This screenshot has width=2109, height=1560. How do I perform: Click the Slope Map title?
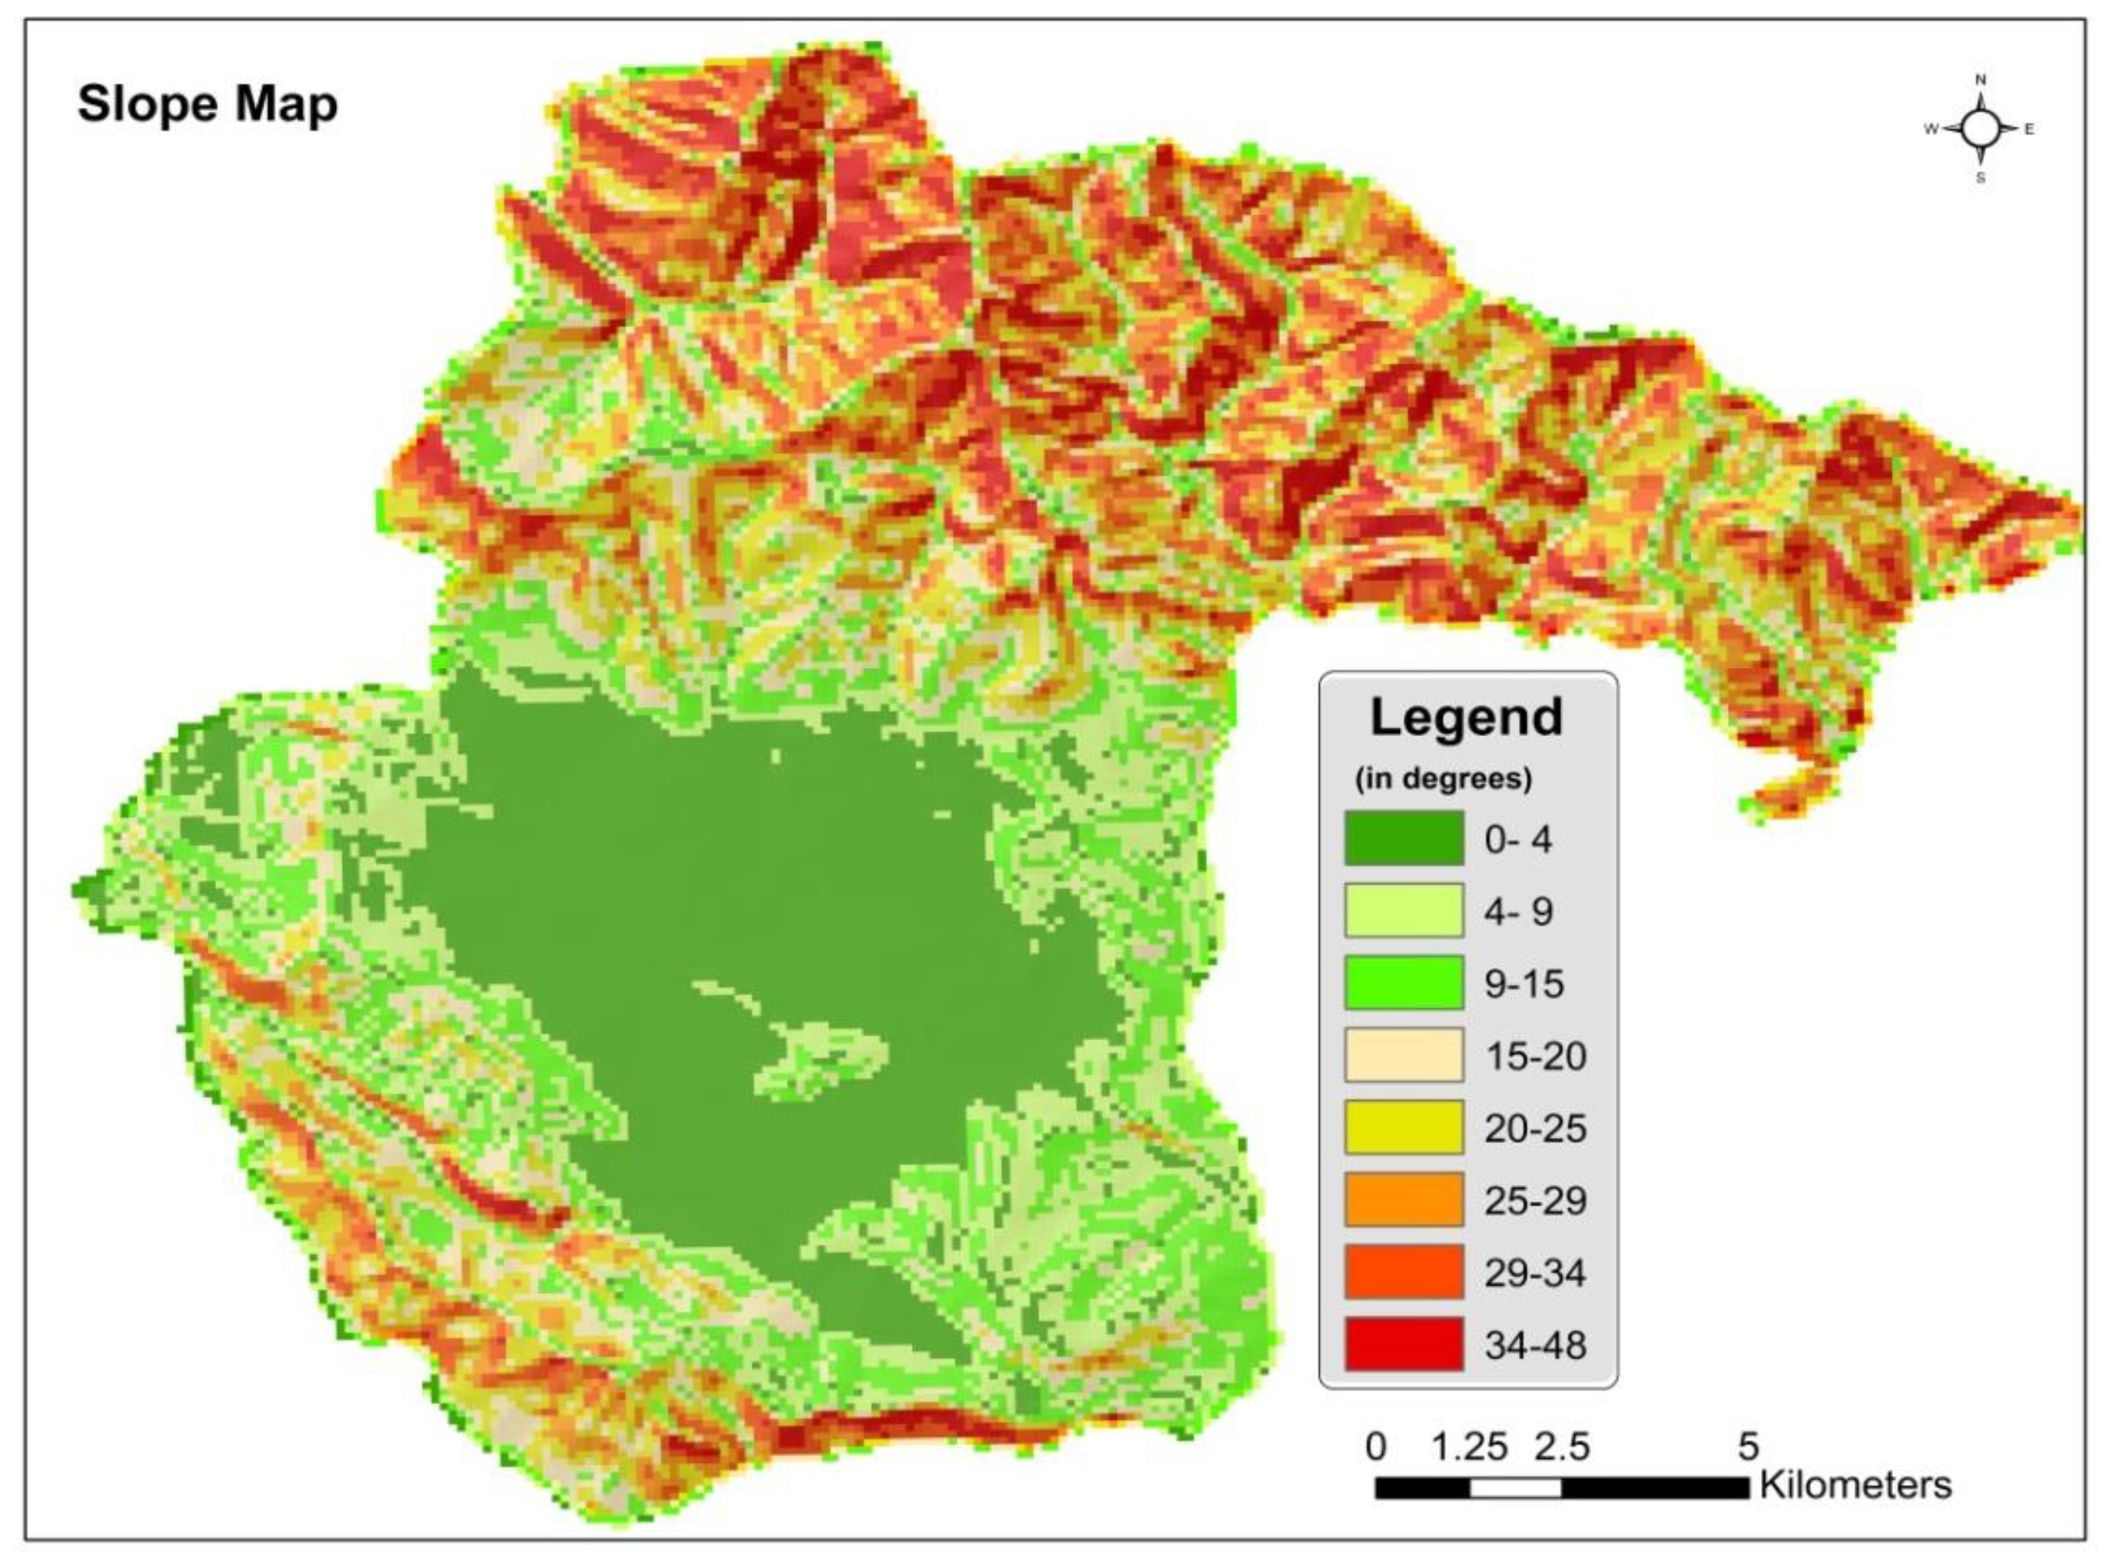click(207, 104)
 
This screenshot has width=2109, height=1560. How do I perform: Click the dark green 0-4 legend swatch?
click(1404, 838)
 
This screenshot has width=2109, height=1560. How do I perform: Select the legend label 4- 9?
click(1518, 911)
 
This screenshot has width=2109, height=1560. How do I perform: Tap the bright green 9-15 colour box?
click(1404, 983)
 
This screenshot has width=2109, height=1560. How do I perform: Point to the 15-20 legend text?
click(1535, 1056)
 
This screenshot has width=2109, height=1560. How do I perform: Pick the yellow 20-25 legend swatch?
click(1404, 1127)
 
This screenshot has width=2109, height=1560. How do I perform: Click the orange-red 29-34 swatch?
click(1404, 1272)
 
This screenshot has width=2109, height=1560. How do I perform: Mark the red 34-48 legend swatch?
click(1404, 1344)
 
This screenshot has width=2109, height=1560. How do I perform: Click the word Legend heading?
click(1466, 718)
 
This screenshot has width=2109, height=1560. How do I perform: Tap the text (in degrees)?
click(1443, 779)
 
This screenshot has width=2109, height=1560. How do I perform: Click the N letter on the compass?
click(1981, 79)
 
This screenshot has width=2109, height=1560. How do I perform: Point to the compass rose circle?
click(1981, 129)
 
